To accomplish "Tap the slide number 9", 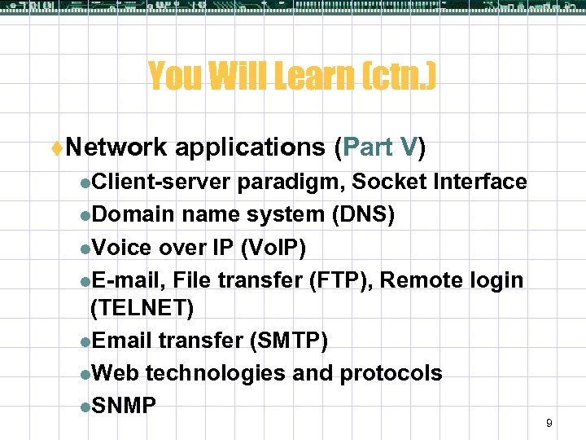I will (x=549, y=423).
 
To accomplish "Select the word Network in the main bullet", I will (x=116, y=147).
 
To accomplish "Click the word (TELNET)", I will (x=142, y=308).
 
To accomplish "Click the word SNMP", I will (x=124, y=405).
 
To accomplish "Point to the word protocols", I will (x=391, y=373).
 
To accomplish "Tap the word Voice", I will (x=122, y=247).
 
